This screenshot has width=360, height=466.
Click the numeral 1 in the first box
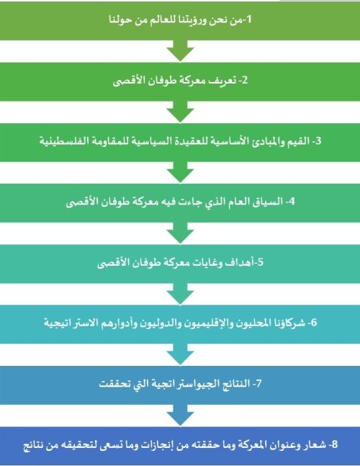(x=249, y=19)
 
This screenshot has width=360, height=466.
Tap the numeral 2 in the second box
(x=245, y=80)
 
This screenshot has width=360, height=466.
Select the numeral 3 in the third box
(x=318, y=141)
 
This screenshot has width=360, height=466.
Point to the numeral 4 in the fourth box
(x=292, y=202)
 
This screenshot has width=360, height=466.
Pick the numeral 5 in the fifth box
(x=261, y=262)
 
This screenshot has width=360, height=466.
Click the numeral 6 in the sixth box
(x=314, y=323)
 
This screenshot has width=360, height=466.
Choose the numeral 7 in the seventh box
(x=258, y=383)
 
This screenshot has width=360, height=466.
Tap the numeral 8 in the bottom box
(x=335, y=444)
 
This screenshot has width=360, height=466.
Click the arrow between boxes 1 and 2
(x=180, y=51)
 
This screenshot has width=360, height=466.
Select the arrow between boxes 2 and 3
(x=180, y=112)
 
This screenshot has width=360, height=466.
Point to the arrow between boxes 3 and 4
(x=180, y=172)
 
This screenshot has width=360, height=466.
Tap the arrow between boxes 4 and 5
(x=180, y=233)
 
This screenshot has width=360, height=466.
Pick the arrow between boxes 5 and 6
(x=180, y=294)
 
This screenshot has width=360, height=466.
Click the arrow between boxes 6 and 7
(x=180, y=354)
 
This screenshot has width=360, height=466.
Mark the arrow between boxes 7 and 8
(x=180, y=416)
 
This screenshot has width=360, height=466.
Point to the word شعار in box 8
(x=315, y=444)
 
